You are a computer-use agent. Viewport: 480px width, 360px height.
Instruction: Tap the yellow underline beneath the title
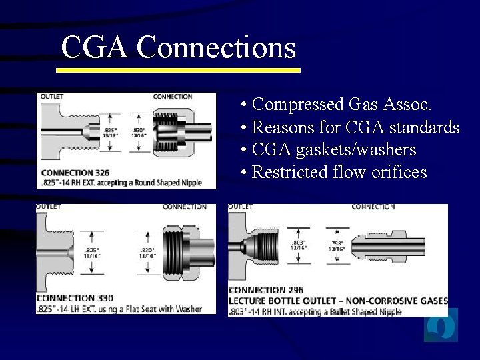(x=179, y=69)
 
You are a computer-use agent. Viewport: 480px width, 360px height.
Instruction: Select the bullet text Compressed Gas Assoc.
(x=343, y=105)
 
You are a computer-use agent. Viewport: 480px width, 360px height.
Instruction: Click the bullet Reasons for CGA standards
(x=356, y=127)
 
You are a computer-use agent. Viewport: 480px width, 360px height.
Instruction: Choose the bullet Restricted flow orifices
(x=339, y=173)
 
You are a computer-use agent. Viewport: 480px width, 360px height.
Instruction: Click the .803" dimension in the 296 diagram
(x=299, y=242)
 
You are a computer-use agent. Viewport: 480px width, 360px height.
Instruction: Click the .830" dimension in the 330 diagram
(x=148, y=251)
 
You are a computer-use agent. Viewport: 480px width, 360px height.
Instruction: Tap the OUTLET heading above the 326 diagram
(x=52, y=97)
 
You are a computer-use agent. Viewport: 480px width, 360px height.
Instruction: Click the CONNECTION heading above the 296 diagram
(x=373, y=207)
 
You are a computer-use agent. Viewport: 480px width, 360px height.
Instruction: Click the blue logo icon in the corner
(x=441, y=326)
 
